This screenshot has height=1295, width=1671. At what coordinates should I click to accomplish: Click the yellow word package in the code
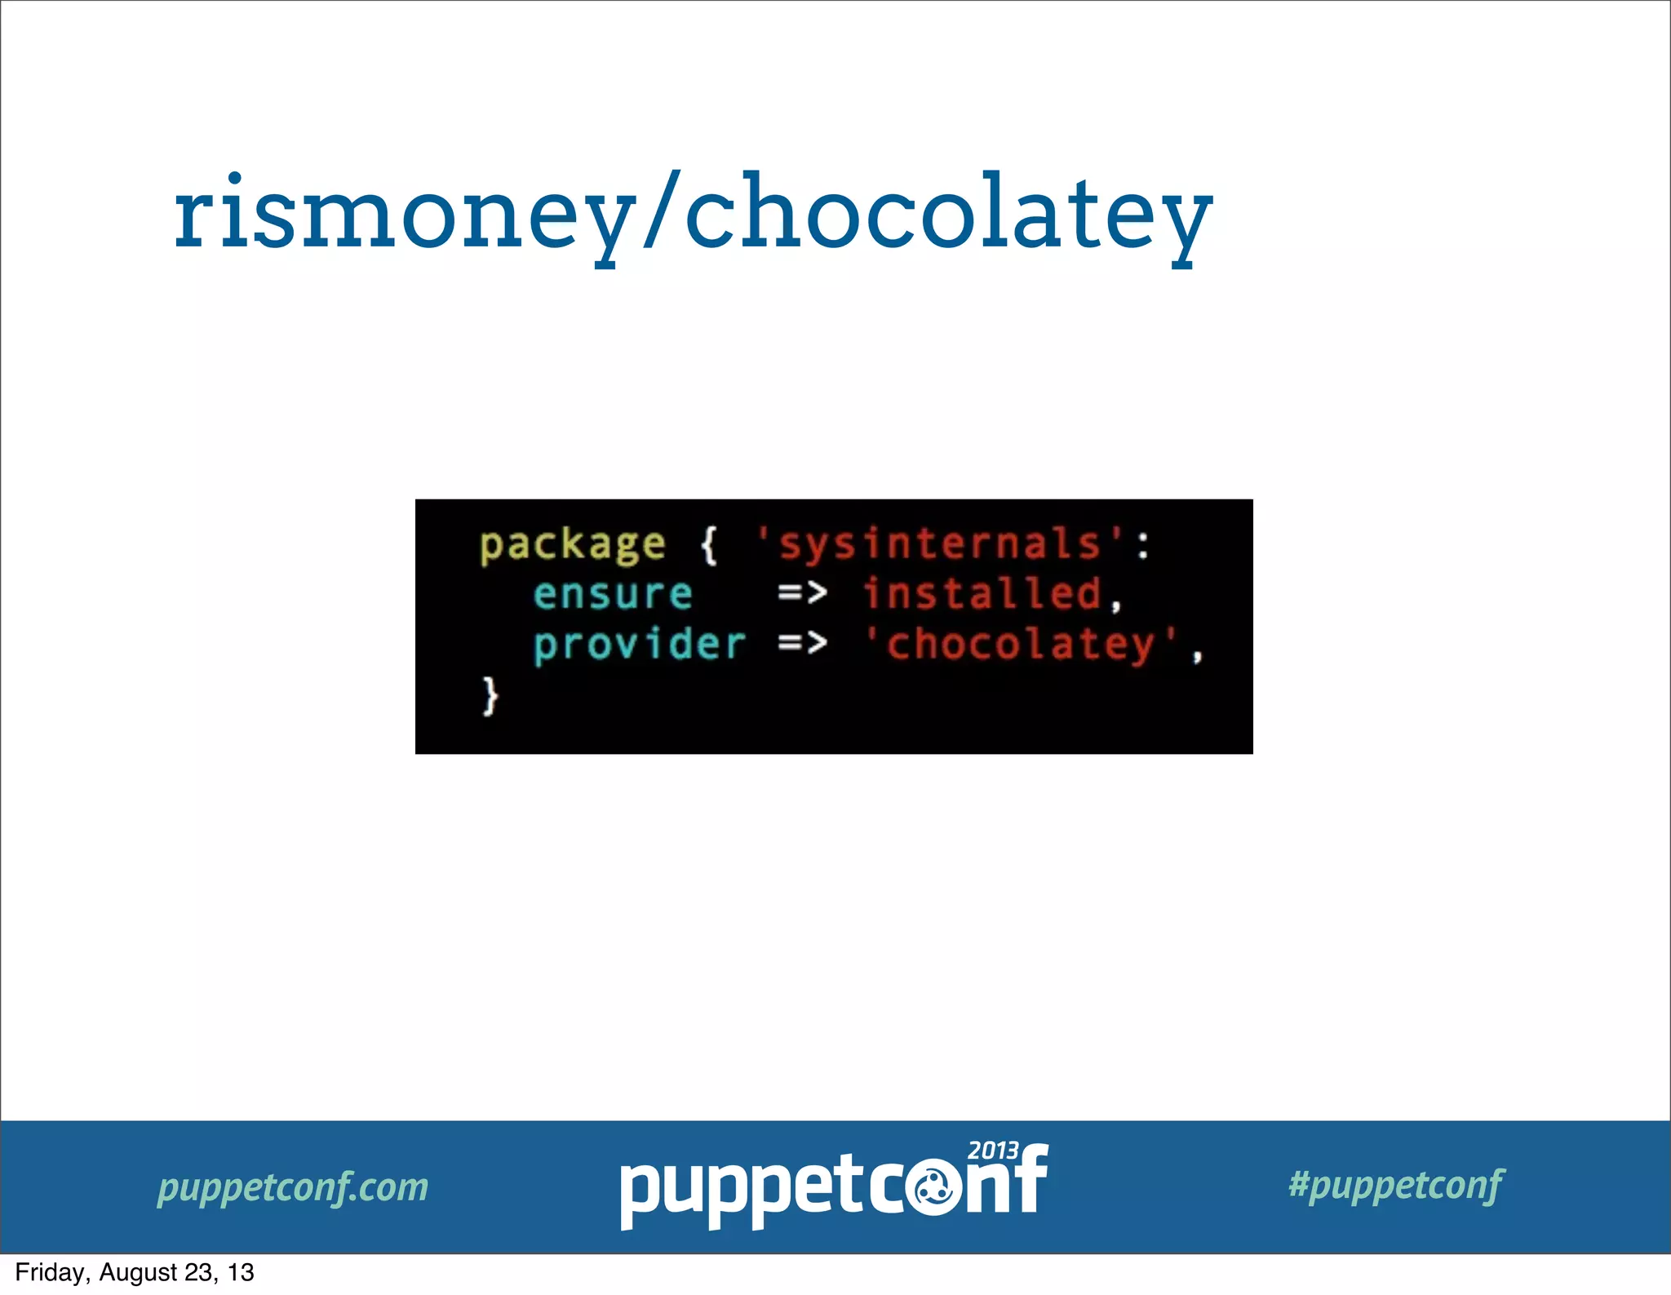[572, 545]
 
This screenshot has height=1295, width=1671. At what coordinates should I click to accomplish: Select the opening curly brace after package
[709, 544]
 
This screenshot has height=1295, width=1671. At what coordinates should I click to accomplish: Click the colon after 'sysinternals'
[1143, 545]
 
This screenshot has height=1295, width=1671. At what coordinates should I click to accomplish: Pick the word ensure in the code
[612, 594]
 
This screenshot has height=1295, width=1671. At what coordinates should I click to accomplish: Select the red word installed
[983, 593]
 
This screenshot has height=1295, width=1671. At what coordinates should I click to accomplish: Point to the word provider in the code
[639, 645]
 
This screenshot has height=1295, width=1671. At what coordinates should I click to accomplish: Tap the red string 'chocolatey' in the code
[1021, 644]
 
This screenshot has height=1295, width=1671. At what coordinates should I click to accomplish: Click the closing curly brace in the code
[490, 695]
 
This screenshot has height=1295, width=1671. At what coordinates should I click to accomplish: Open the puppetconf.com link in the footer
[293, 1186]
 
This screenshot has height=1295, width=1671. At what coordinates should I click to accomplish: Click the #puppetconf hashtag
[1396, 1185]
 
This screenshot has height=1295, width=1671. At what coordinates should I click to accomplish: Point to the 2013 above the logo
[993, 1151]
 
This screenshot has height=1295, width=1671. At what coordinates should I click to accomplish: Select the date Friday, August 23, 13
[135, 1272]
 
